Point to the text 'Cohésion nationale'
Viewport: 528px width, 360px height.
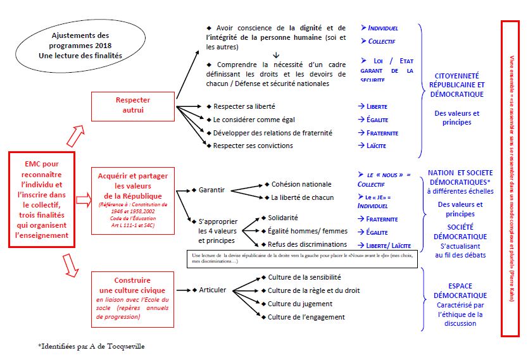pyautogui.click(x=301, y=184)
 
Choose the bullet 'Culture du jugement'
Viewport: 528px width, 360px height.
pyautogui.click(x=300, y=304)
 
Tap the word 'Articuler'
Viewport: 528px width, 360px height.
pyautogui.click(x=213, y=290)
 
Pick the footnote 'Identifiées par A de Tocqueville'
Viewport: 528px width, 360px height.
pyautogui.click(x=95, y=346)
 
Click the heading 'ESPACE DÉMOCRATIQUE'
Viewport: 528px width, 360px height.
pyautogui.click(x=460, y=290)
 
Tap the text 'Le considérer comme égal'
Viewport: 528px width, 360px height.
pyautogui.click(x=254, y=120)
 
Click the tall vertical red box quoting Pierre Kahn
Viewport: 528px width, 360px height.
pyautogui.click(x=511, y=178)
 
